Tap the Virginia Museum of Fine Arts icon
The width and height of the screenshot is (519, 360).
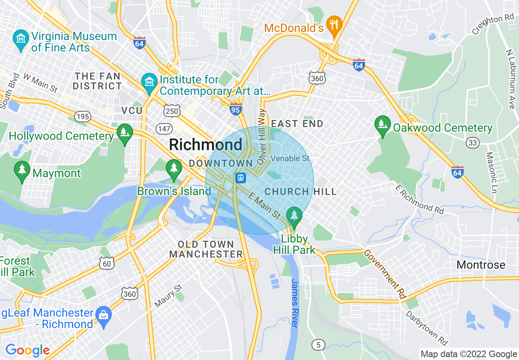[20, 38]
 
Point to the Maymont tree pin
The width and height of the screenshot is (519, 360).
[22, 170]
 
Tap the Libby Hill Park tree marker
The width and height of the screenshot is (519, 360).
[293, 215]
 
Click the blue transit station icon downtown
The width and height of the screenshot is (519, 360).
[241, 178]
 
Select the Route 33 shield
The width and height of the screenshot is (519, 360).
[472, 142]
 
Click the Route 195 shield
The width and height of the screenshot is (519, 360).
[83, 117]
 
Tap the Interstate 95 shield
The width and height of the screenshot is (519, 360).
[236, 109]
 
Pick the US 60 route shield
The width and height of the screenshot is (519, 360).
[107, 263]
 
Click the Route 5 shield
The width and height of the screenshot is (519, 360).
[318, 344]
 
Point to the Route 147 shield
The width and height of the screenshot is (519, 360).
[164, 129]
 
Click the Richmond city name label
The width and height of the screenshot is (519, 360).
[205, 144]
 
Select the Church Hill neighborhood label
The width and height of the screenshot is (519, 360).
[300, 191]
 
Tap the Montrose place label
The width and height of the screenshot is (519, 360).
[481, 265]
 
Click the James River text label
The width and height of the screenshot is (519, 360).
[294, 303]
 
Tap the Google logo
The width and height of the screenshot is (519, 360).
[27, 350]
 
